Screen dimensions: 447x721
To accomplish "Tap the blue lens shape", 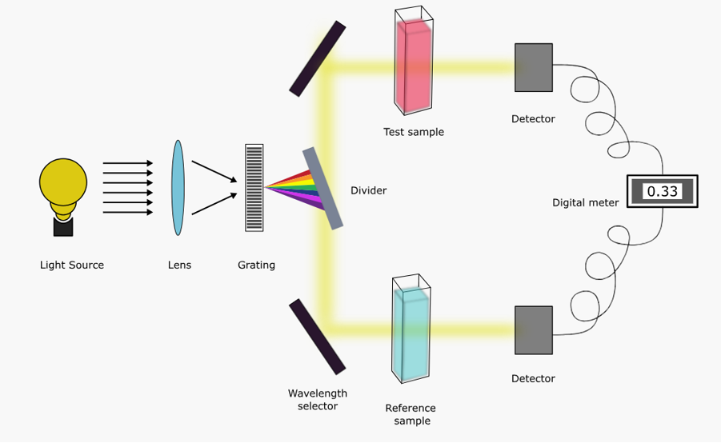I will point(178,188).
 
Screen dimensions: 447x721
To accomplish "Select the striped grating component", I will point(254,188).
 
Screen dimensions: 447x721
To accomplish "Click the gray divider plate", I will point(324,189).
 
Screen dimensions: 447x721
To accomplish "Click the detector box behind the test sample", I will point(533,67).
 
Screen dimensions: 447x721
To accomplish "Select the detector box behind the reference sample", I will point(533,330).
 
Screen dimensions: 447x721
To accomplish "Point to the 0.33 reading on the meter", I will point(662,192).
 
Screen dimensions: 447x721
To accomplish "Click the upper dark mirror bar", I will point(317,58).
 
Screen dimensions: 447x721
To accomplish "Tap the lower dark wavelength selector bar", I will point(317,337).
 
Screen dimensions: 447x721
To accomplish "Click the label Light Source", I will point(72,265).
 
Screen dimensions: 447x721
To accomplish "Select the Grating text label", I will point(256,265).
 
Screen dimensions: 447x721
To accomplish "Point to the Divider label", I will point(368,190).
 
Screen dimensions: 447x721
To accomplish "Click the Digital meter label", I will point(585,203).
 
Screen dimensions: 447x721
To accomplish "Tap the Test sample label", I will point(413,132).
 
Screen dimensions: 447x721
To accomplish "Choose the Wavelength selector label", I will point(318,399).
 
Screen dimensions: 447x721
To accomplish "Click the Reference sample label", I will point(412,414).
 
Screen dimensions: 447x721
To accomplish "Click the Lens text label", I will point(179,265).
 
